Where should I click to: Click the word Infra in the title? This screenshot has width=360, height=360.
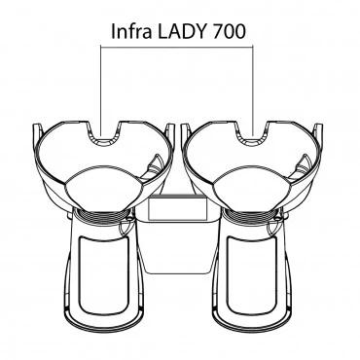pos(131,31)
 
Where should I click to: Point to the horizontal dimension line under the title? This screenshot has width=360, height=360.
pos(177,46)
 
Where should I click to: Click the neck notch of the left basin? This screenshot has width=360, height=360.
pos(103,133)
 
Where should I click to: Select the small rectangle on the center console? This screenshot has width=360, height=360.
pos(177,208)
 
